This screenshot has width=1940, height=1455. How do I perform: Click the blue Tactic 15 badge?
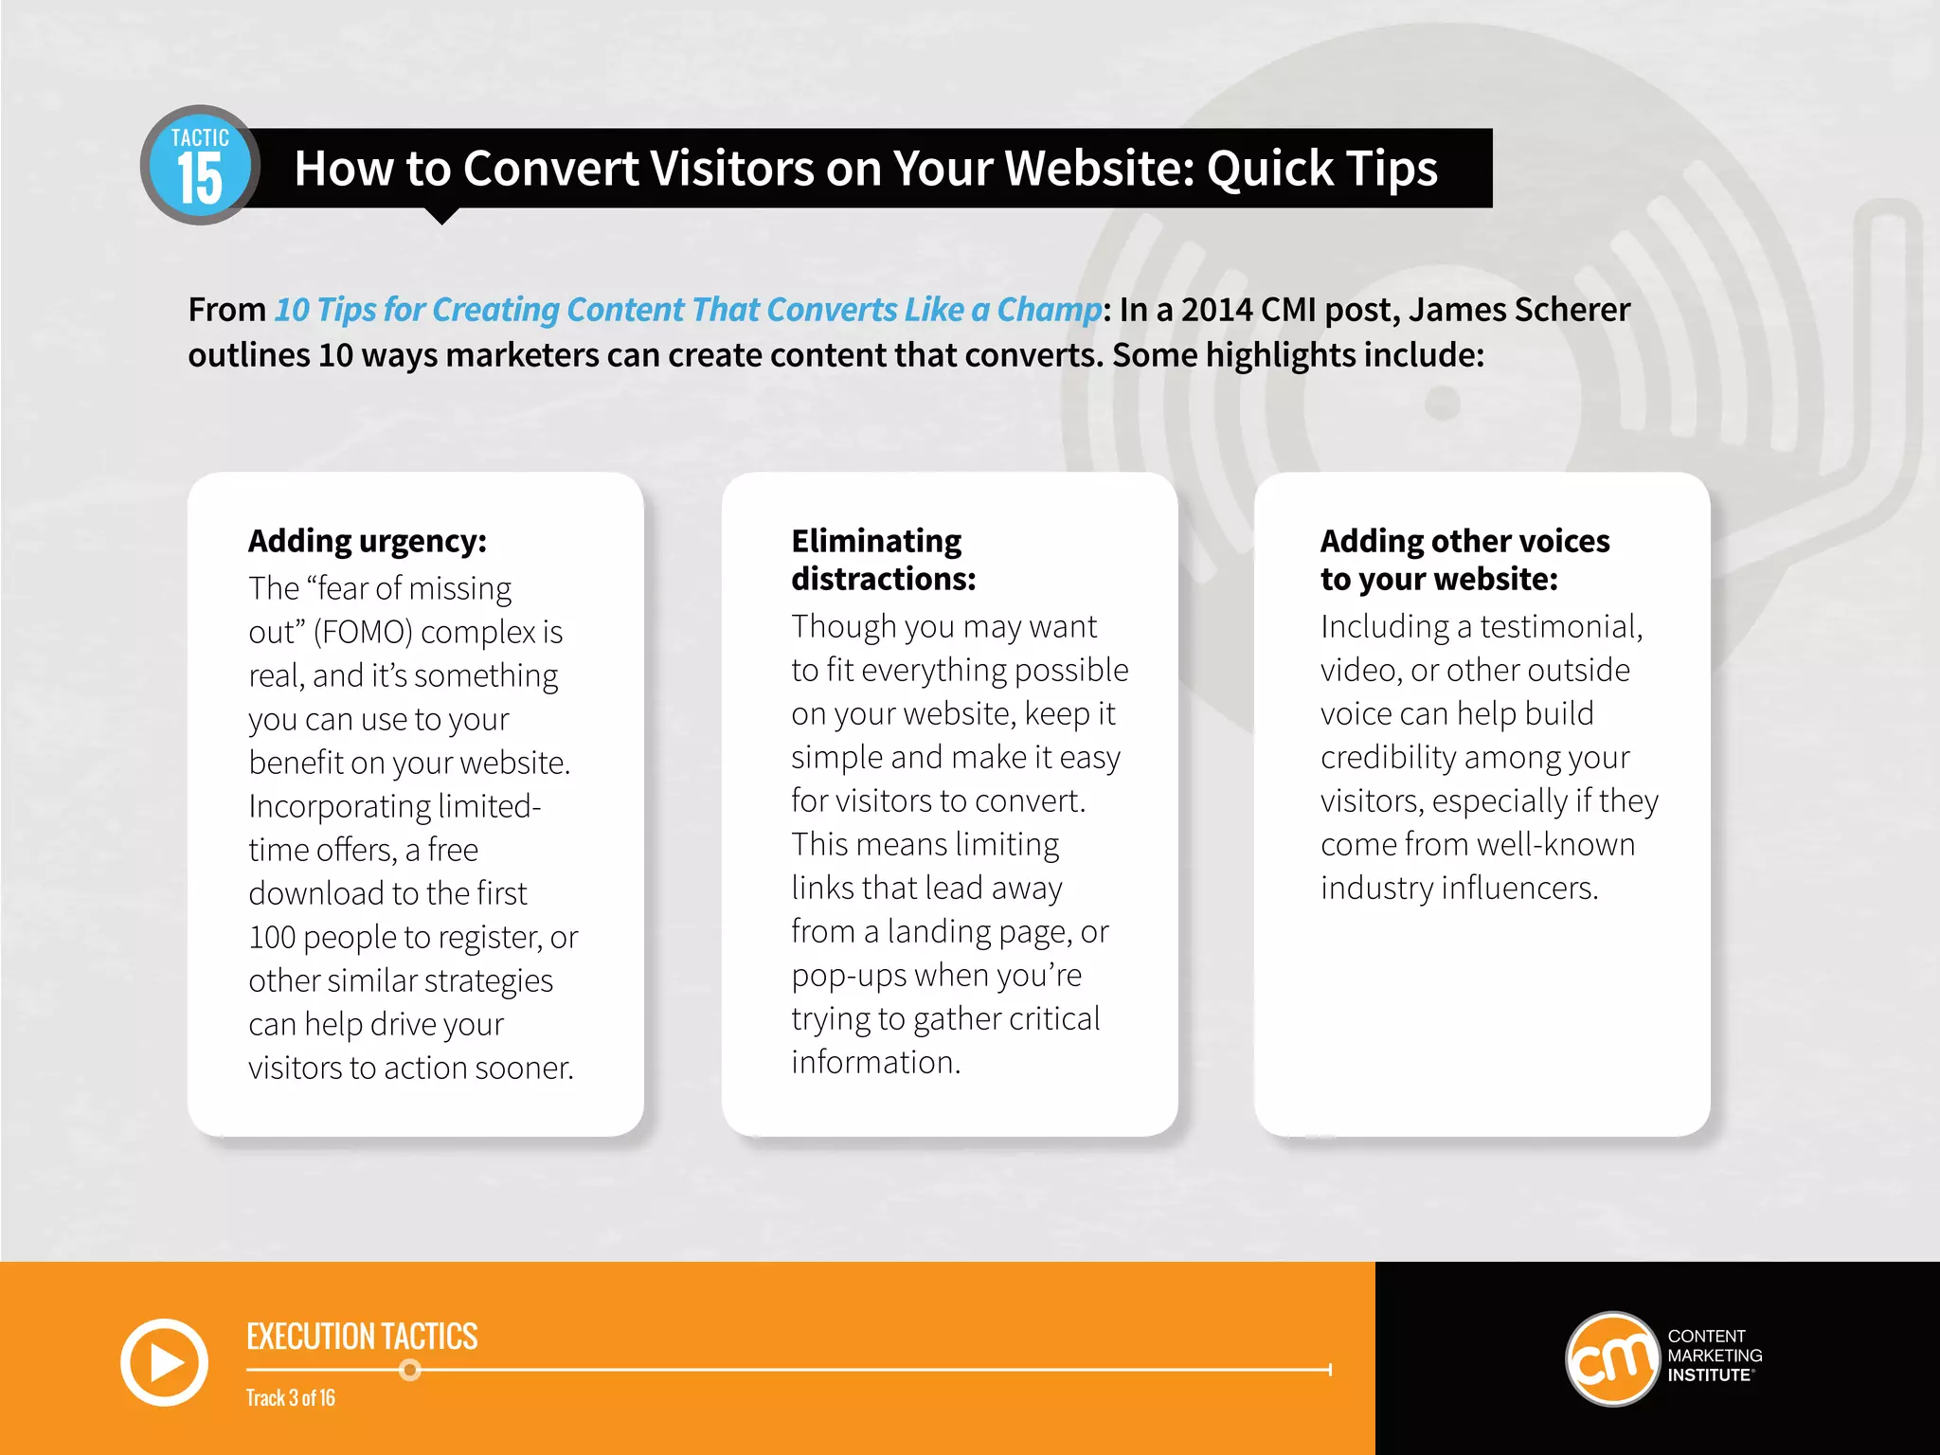tap(200, 166)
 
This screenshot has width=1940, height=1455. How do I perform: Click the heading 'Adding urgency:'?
tap(368, 541)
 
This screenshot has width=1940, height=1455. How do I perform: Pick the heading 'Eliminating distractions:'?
tap(883, 560)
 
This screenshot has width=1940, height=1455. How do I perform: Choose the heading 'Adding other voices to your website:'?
tap(1464, 560)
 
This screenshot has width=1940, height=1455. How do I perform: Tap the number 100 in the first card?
tap(273, 937)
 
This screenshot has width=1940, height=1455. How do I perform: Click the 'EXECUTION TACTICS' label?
tap(362, 1337)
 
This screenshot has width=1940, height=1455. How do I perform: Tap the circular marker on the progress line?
tap(410, 1370)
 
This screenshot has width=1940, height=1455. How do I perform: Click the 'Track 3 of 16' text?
tap(291, 1398)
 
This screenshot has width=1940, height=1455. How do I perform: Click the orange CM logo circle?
tap(1612, 1358)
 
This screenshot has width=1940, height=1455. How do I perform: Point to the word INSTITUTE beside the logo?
tap(1710, 1375)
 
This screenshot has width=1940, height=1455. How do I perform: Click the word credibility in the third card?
tap(1388, 757)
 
